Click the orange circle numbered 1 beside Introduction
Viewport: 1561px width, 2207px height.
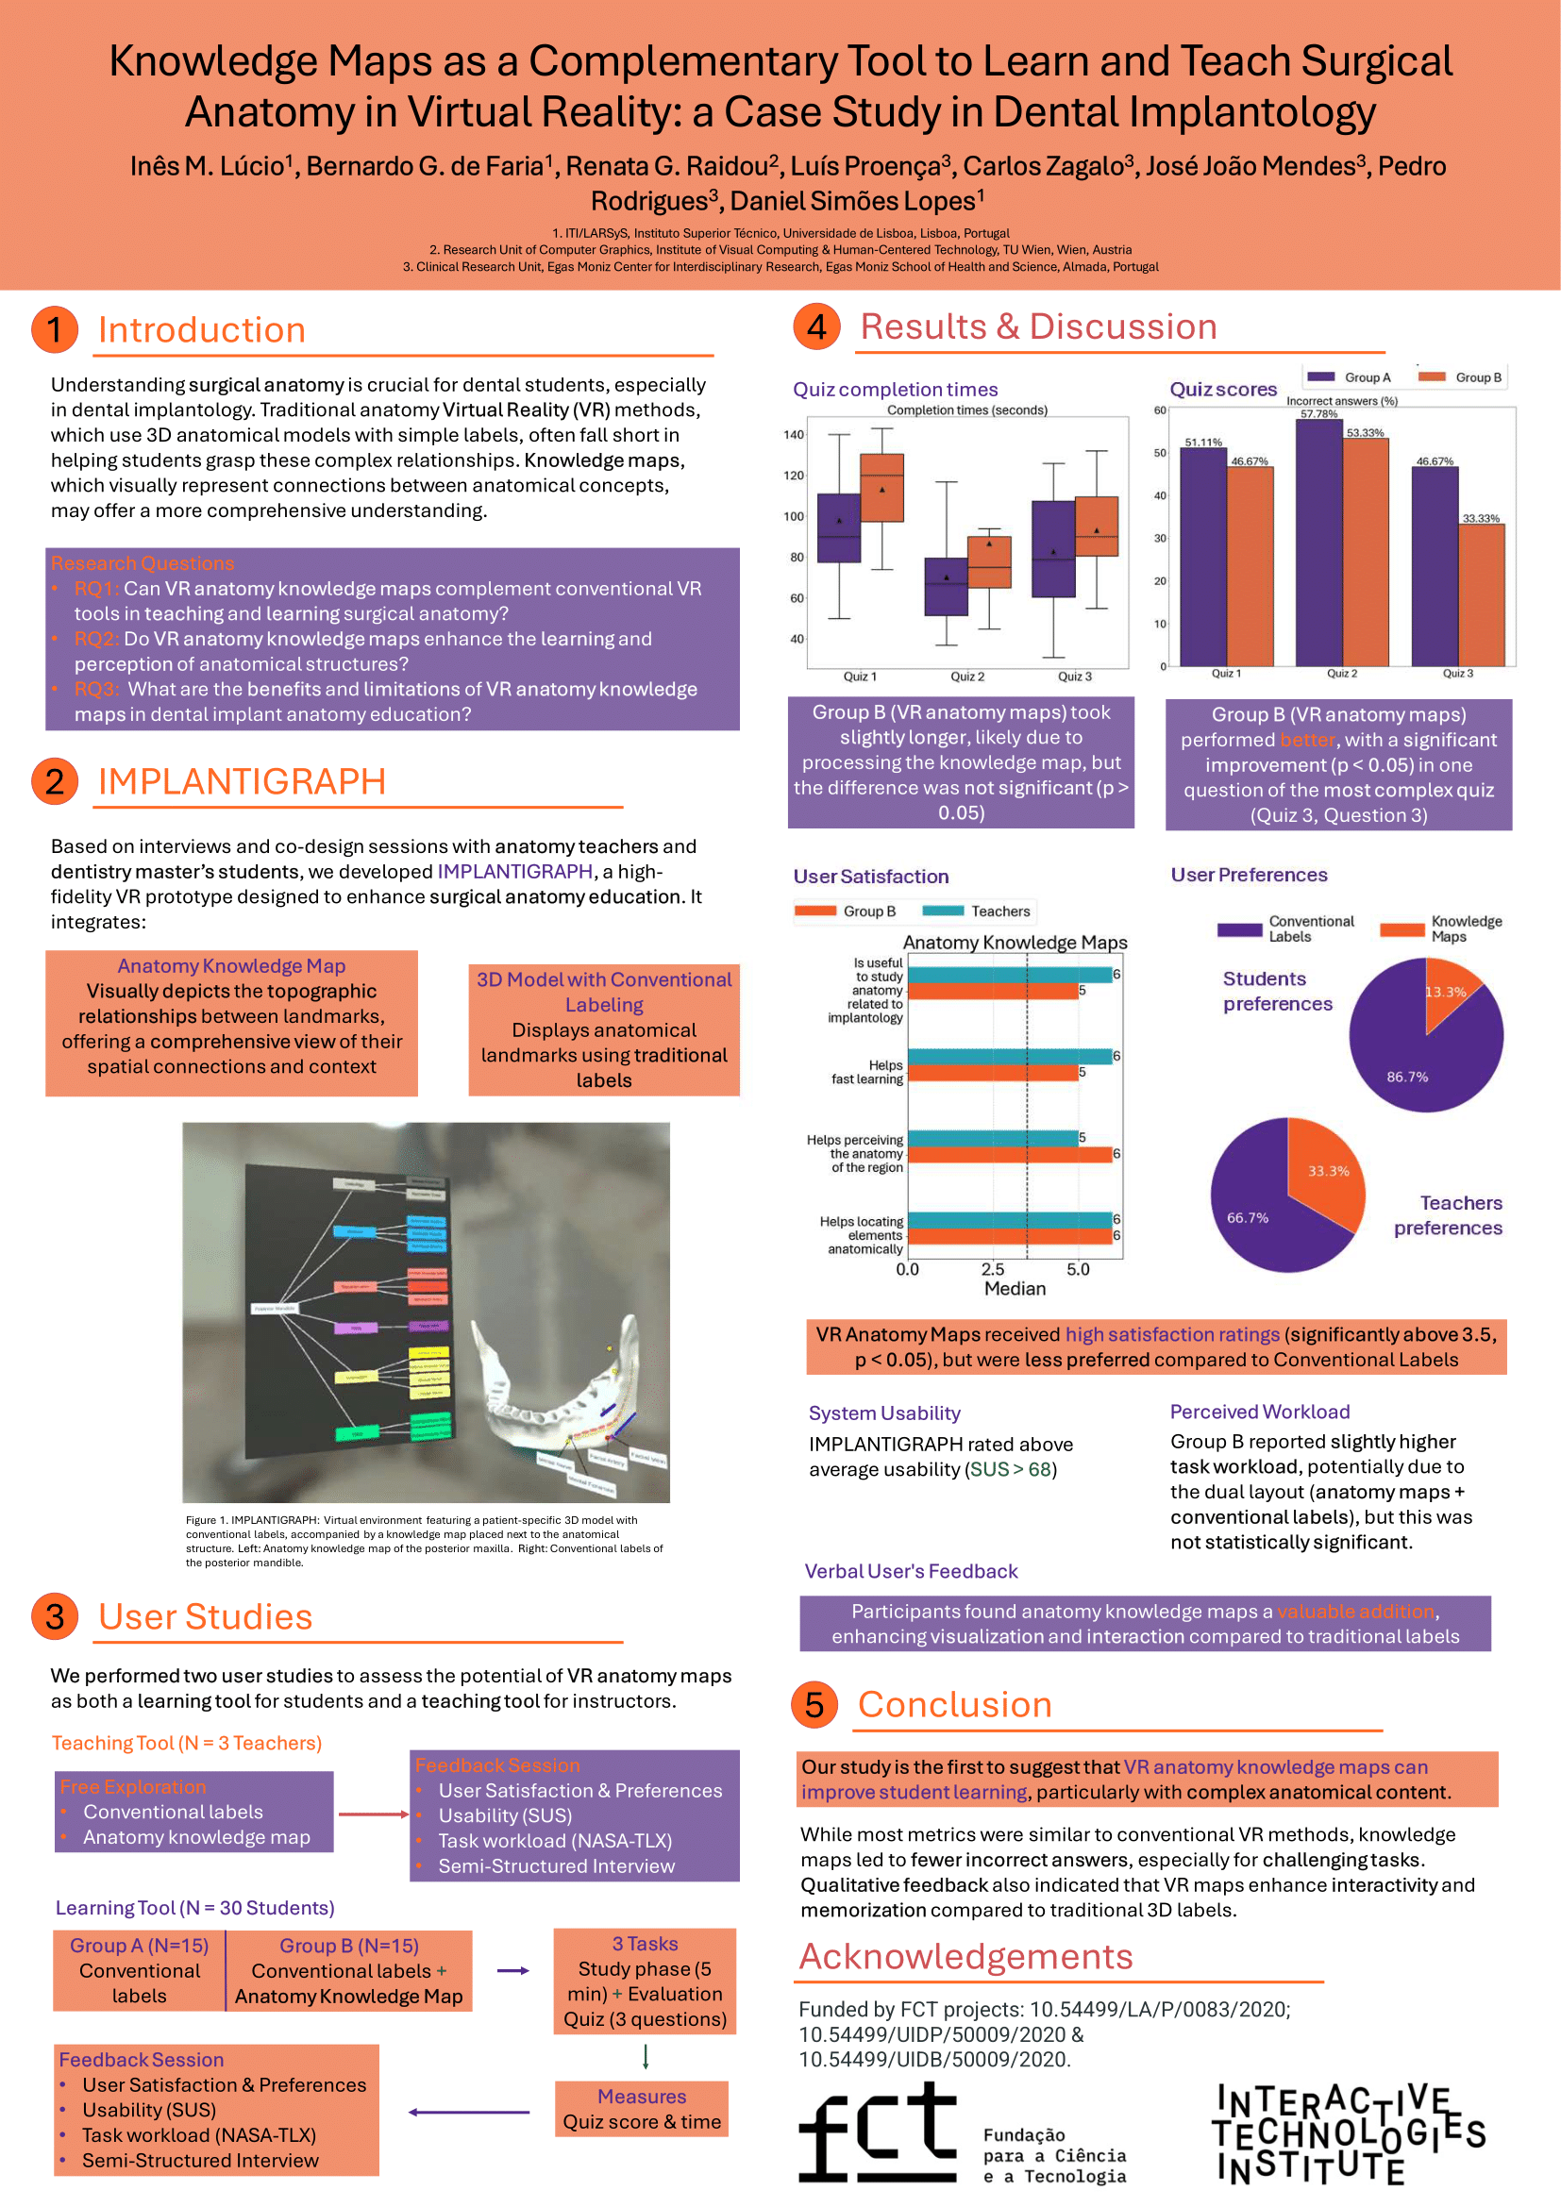pos(55,329)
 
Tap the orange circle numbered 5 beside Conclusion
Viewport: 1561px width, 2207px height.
pos(814,1704)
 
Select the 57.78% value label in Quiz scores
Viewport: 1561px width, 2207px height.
pos(1318,414)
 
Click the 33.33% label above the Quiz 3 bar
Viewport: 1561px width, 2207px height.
pos(1480,519)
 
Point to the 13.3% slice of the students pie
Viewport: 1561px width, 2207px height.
pos(1451,995)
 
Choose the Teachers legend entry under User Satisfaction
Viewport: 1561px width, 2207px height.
pos(977,911)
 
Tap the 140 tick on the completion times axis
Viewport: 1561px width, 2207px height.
pos(793,435)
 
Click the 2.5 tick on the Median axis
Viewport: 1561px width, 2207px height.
pos(993,1270)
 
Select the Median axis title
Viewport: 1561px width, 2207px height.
pos(1015,1289)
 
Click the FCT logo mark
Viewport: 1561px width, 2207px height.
pos(877,2132)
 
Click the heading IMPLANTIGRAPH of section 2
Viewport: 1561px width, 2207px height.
pos(242,781)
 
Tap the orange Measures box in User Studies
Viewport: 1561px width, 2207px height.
pos(641,2109)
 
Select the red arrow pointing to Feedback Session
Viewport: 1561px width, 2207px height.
pos(373,1814)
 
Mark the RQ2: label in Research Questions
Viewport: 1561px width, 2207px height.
pos(96,639)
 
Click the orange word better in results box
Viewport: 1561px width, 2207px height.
pos(1307,740)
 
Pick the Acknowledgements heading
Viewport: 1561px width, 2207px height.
pos(966,1957)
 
